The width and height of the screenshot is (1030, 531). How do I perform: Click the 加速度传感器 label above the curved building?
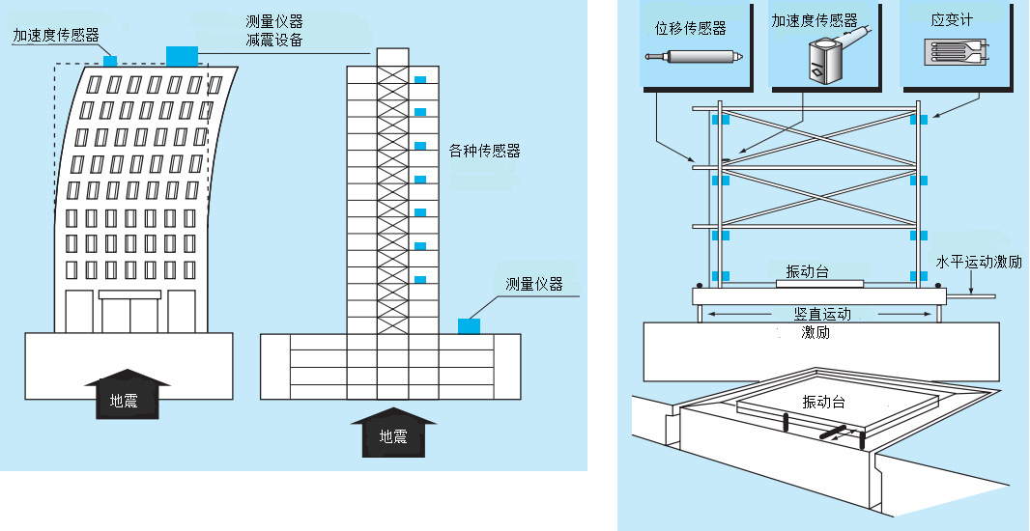pos(56,36)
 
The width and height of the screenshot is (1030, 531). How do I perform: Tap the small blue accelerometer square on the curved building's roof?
pos(110,60)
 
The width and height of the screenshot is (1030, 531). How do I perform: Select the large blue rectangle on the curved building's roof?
pos(183,56)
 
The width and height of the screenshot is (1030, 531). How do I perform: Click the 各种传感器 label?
pos(485,151)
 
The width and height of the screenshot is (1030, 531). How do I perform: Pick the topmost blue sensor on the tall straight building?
pos(419,78)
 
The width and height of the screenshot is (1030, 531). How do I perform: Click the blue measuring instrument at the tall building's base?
pos(469,325)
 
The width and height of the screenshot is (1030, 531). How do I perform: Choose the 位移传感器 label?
pos(691,28)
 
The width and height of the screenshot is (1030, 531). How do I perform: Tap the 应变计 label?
pos(952,21)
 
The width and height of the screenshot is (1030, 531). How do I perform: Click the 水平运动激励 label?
pos(978,262)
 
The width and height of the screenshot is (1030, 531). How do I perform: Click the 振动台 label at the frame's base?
pos(808,272)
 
